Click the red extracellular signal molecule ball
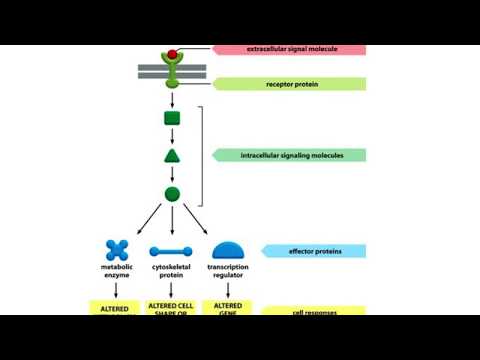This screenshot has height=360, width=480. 173,54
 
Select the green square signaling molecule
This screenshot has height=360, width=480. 172,119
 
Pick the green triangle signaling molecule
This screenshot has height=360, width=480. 172,156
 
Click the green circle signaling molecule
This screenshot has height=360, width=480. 172,193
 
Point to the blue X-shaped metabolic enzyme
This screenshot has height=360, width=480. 118,250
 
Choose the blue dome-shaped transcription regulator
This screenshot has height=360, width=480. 228,250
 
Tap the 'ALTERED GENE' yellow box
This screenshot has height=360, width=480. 227,307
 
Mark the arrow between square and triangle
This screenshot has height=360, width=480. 172,137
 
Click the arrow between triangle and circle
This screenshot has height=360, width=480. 172,174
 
